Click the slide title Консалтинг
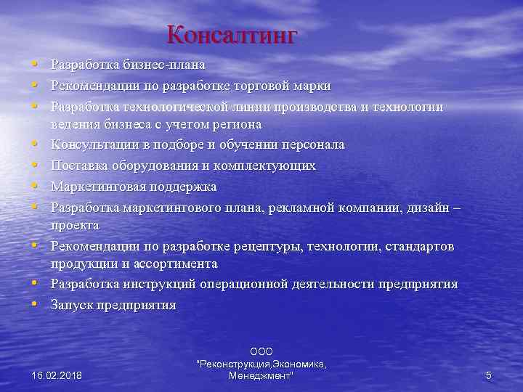point(232,36)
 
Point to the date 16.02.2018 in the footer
point(57,375)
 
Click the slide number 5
point(488,375)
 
